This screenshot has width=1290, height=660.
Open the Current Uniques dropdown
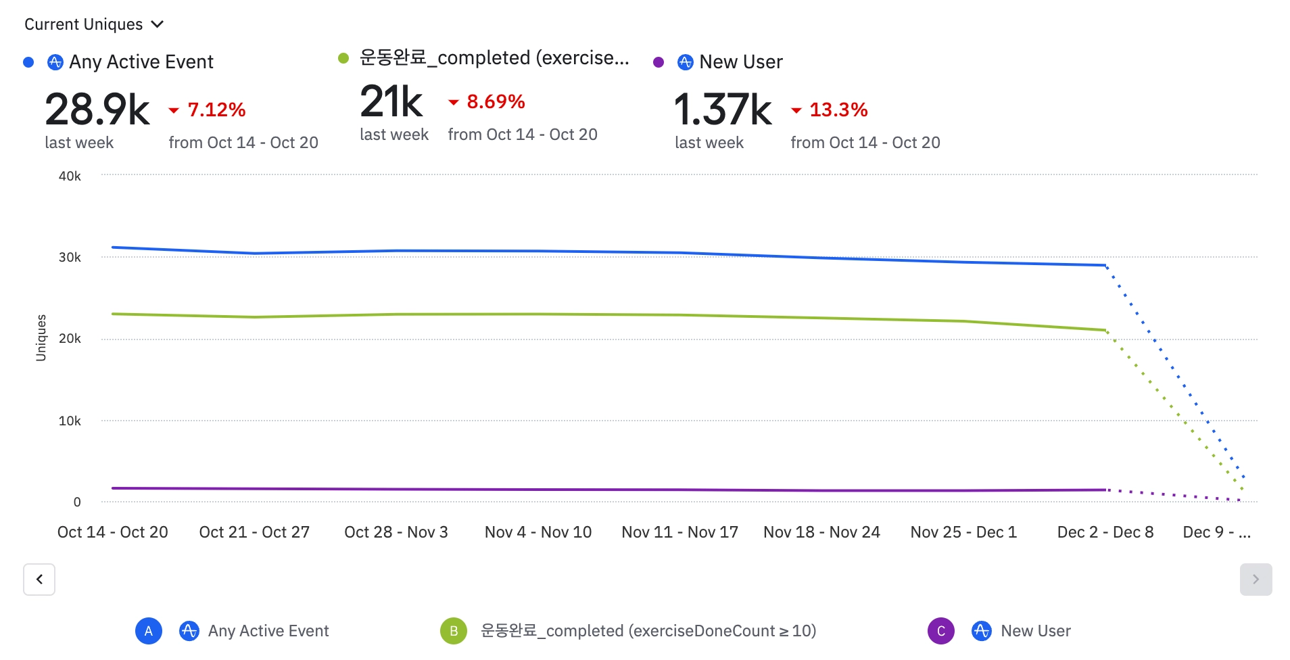click(x=94, y=24)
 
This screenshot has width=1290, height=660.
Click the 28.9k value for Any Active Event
click(x=97, y=110)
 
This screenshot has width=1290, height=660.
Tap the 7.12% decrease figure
click(x=216, y=110)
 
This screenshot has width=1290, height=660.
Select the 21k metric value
click(x=391, y=101)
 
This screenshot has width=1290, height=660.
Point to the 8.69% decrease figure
click(x=495, y=101)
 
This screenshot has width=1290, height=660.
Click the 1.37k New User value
click(x=722, y=110)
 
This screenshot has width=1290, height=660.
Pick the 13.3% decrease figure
click(x=838, y=110)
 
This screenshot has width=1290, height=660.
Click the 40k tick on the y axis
click(x=70, y=176)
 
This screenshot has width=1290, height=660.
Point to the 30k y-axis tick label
click(x=70, y=258)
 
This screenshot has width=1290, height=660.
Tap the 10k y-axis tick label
click(x=70, y=421)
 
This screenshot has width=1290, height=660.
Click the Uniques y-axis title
click(x=41, y=338)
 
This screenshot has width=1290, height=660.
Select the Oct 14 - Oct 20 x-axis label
click(x=112, y=532)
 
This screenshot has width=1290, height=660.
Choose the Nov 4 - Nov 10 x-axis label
click(x=538, y=532)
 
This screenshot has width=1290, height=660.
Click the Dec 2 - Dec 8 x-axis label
click(x=1105, y=532)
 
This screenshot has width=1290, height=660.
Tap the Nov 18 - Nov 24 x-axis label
click(x=821, y=532)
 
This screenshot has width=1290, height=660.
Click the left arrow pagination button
click(x=39, y=580)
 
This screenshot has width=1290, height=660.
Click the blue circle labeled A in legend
click(x=149, y=631)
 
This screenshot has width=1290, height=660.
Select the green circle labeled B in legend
click(x=454, y=631)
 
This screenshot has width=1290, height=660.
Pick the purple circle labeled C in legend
click(x=940, y=631)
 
